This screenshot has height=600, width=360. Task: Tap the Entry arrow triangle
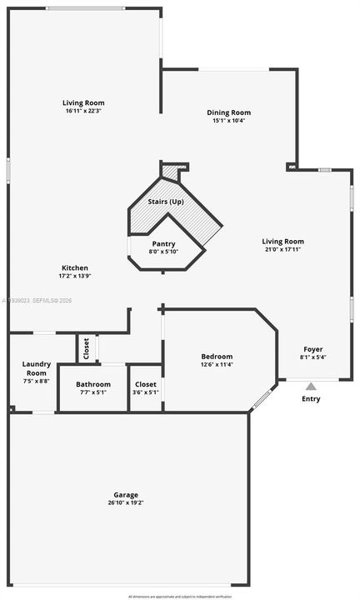[x=311, y=386]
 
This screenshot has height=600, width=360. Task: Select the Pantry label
[x=163, y=243]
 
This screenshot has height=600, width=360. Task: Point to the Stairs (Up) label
[x=166, y=202]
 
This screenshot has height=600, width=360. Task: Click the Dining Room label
[x=229, y=112]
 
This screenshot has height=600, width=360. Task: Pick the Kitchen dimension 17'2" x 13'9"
[x=74, y=276]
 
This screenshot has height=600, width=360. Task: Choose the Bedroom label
[x=217, y=357]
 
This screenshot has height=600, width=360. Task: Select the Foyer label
[x=312, y=349]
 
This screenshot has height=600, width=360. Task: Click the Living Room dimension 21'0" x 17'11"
[x=283, y=249]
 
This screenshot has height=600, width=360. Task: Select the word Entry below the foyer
[x=311, y=399]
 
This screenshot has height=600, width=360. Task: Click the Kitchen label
[x=74, y=268]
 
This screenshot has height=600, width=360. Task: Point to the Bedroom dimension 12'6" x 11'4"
[x=217, y=364]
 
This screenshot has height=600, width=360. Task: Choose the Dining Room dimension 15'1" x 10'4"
[x=229, y=120]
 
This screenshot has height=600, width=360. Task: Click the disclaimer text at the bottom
[x=179, y=596]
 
